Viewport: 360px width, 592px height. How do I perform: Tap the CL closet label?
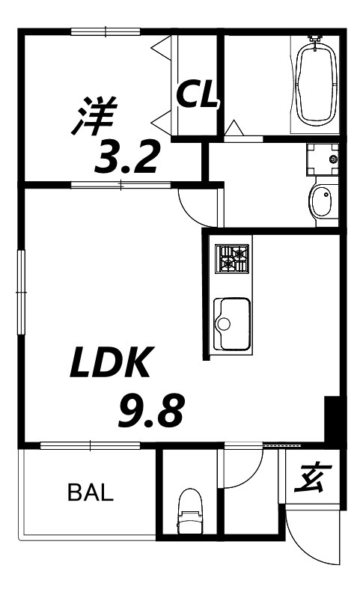coord(197,95)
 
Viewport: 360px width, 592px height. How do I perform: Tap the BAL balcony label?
coord(91,492)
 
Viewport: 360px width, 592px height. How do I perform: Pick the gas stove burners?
coord(232,259)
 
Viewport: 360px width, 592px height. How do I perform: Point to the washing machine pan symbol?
coord(323,159)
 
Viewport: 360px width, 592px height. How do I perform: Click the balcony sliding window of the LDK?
coord(90,445)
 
